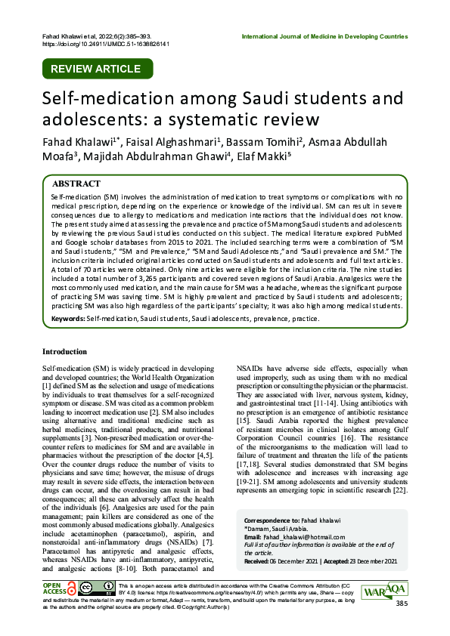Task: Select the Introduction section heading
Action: (x=64, y=351)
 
